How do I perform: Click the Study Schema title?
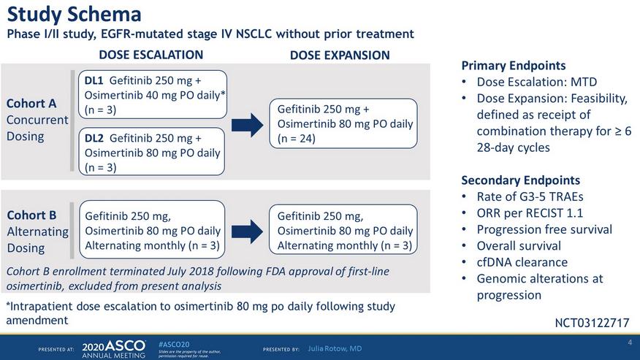click(x=75, y=15)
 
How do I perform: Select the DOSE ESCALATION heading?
click(x=151, y=55)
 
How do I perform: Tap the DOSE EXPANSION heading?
click(x=340, y=55)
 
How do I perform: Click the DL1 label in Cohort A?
click(x=94, y=80)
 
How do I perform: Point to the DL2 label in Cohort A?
click(x=94, y=138)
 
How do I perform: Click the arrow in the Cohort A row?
click(x=248, y=125)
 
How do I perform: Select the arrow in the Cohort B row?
click(x=248, y=231)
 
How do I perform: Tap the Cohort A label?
click(x=31, y=103)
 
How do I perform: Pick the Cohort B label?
click(x=32, y=215)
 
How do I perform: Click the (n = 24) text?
click(x=297, y=139)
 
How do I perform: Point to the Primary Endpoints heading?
click(x=514, y=65)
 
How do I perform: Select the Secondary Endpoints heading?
click(x=520, y=180)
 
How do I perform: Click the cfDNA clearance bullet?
click(x=522, y=262)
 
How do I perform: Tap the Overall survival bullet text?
click(x=519, y=245)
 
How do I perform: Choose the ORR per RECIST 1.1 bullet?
click(x=530, y=213)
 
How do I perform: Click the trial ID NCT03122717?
click(x=592, y=323)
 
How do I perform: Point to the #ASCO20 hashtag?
click(x=173, y=345)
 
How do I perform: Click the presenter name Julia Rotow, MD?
click(x=335, y=348)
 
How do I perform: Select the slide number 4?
click(x=630, y=342)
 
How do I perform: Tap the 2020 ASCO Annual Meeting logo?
click(x=113, y=349)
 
